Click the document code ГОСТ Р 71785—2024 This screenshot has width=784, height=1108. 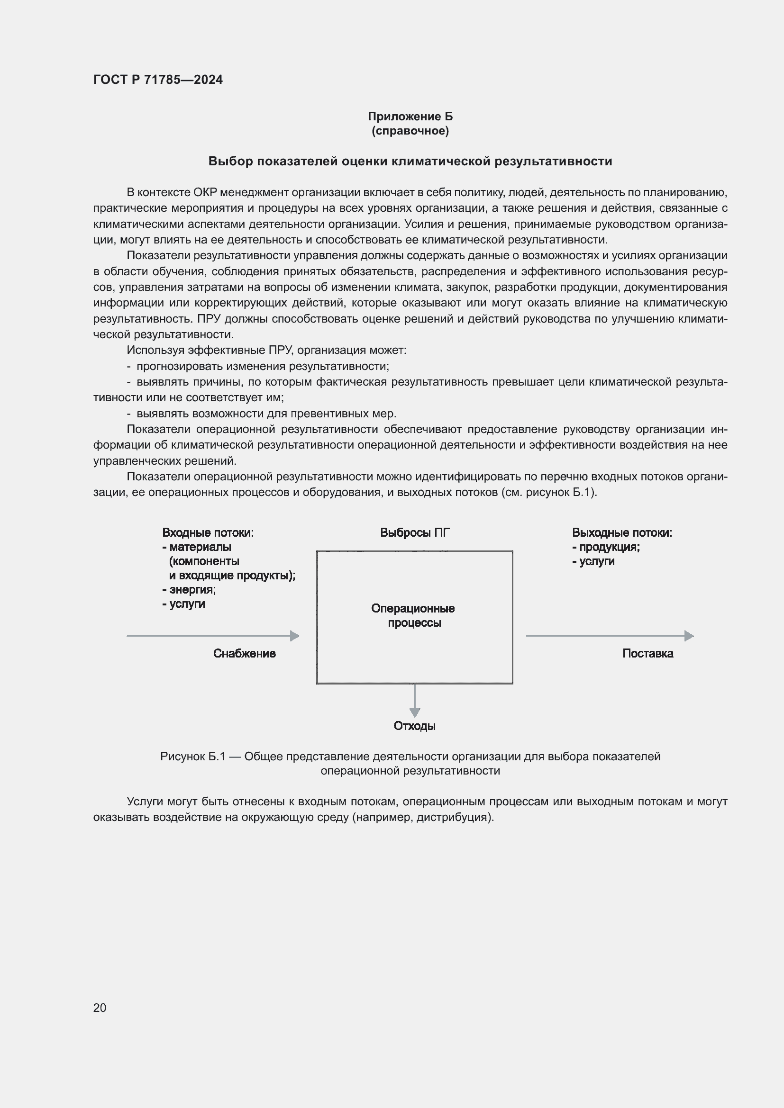click(x=158, y=80)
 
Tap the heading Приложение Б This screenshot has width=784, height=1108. click(x=410, y=117)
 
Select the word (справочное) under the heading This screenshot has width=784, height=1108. click(x=410, y=131)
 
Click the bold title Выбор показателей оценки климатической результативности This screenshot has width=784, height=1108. click(x=410, y=161)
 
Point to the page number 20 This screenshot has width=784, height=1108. click(x=100, y=1008)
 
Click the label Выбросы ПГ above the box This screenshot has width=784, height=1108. click(x=415, y=533)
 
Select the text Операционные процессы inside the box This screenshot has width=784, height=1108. click(x=413, y=615)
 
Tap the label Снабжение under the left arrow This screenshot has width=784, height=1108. click(x=244, y=653)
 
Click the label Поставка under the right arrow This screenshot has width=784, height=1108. click(x=647, y=653)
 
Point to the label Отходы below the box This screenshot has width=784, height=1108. click(x=414, y=726)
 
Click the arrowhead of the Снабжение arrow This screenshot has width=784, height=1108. click(x=294, y=636)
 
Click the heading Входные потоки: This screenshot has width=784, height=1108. click(x=208, y=533)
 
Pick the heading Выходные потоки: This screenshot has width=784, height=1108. click(x=622, y=533)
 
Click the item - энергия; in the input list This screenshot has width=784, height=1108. click(x=189, y=590)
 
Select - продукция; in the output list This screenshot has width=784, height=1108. click(x=606, y=547)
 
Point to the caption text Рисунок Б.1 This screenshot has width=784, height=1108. click(x=192, y=757)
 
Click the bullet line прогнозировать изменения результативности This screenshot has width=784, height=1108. click(x=263, y=366)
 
